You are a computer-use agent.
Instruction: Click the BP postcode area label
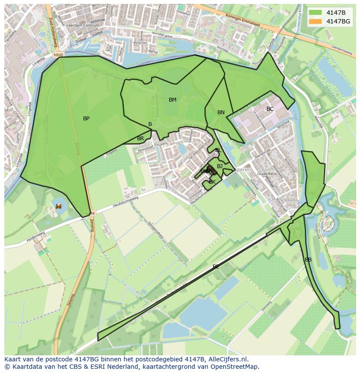point(86,119)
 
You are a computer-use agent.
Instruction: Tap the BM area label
point(173,100)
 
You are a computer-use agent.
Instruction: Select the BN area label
point(221,113)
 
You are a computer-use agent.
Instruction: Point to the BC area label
point(270,109)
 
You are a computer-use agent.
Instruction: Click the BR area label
point(140,139)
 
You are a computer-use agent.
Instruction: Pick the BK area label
point(212,182)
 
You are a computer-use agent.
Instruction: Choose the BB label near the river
point(308,260)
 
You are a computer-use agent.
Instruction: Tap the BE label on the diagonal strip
point(216,267)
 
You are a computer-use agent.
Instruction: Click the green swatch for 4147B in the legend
point(315,12)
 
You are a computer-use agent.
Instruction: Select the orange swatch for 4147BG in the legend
point(315,21)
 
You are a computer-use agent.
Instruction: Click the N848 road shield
point(59,55)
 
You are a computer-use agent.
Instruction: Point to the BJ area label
point(220,166)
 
